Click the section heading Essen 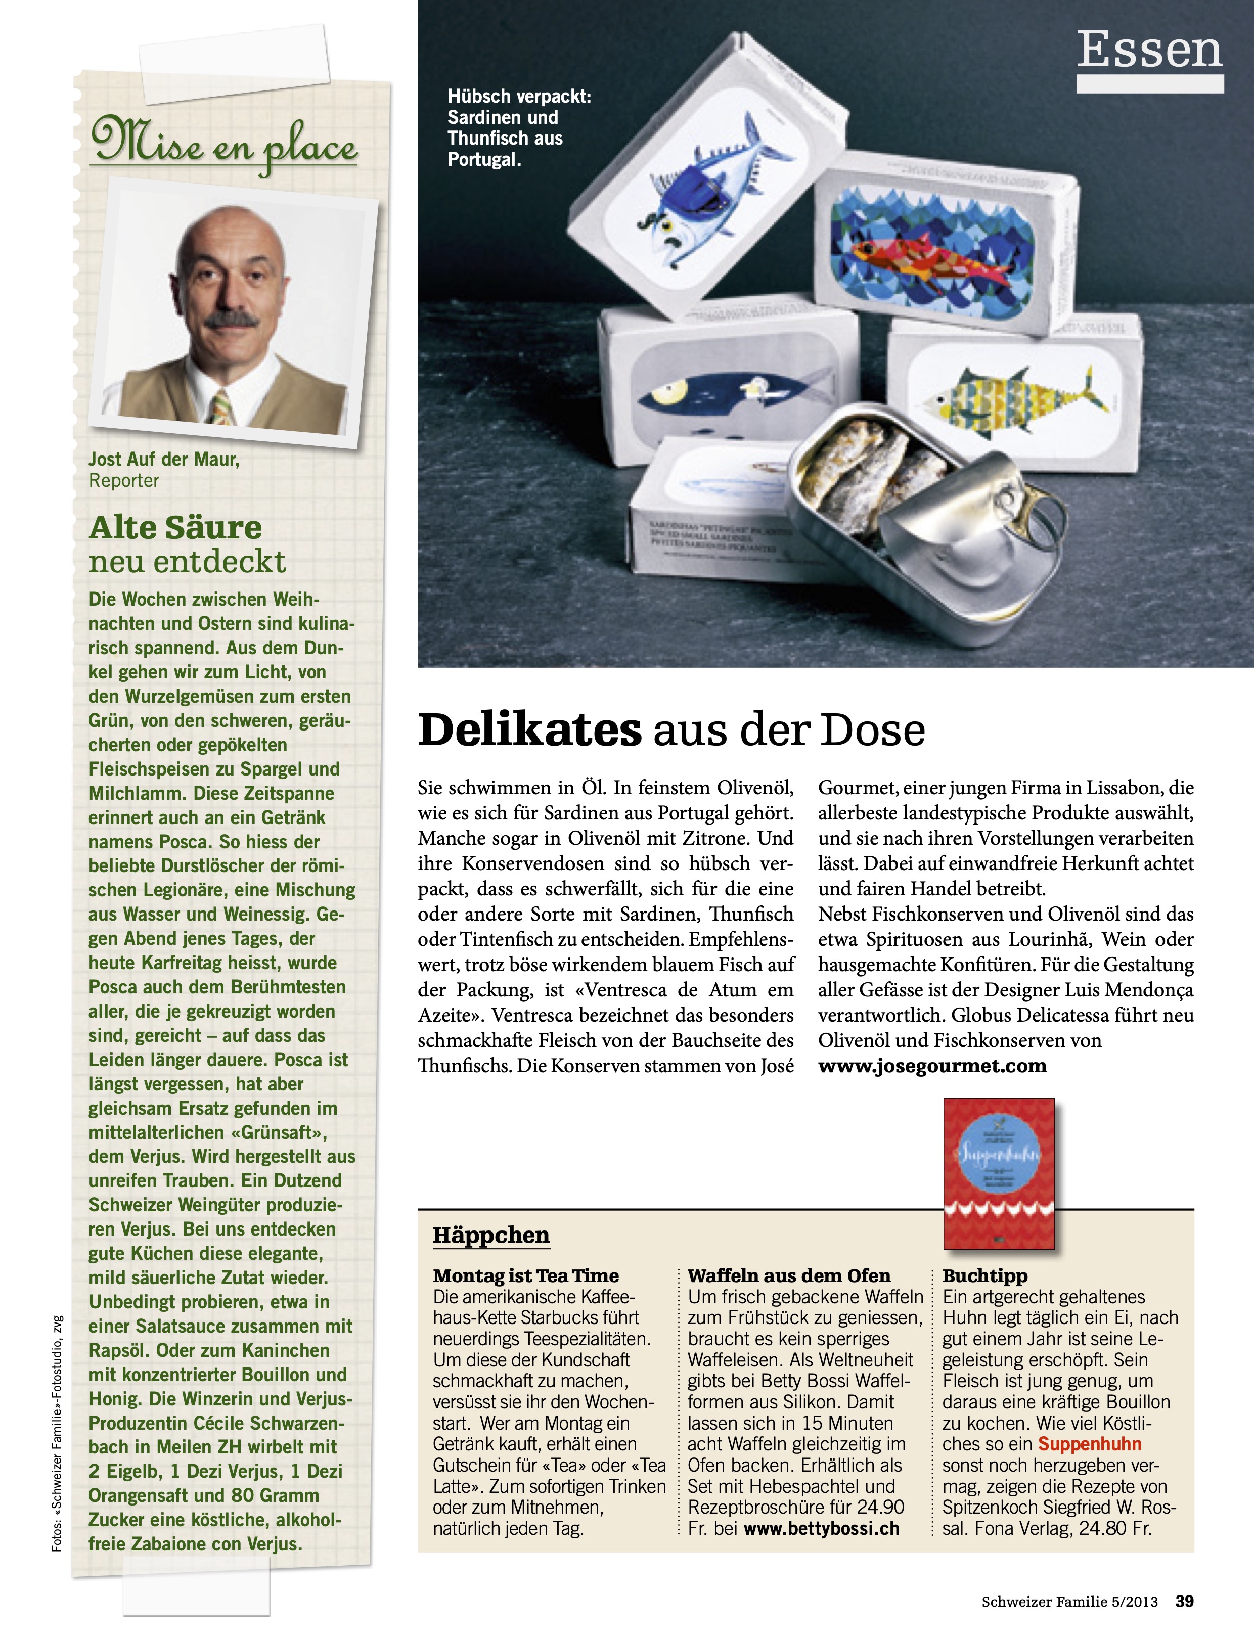coord(1149,51)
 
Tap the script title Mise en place coord(224,143)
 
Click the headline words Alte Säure coord(175,528)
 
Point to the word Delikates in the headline coord(529,730)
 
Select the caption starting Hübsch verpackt coord(519,127)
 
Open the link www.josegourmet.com coord(932,1066)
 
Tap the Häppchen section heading coord(491,1235)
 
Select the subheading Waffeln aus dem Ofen coord(789,1275)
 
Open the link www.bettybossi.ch coord(821,1529)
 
